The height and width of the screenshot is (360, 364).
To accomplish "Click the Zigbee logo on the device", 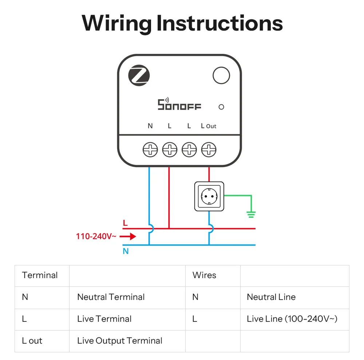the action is pyautogui.click(x=139, y=75).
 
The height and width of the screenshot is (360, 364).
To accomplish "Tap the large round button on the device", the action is pyautogui.click(x=221, y=75).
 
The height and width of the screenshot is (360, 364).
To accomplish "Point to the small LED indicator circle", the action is pyautogui.click(x=221, y=107).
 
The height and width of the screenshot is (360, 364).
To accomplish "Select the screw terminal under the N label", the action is pyautogui.click(x=150, y=150).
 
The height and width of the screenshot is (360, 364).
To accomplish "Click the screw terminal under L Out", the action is pyautogui.click(x=209, y=150).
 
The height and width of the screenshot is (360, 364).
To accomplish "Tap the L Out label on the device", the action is pyautogui.click(x=209, y=126).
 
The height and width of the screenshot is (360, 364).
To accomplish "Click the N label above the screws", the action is pyautogui.click(x=150, y=126).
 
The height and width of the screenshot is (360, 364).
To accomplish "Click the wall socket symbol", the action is pyautogui.click(x=209, y=196).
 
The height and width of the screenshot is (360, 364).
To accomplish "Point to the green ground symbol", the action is pyautogui.click(x=251, y=214).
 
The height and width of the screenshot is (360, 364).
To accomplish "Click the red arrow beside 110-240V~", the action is pyautogui.click(x=128, y=237).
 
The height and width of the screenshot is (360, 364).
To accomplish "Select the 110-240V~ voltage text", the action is pyautogui.click(x=96, y=236).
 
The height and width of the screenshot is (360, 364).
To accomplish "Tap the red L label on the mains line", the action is pyautogui.click(x=125, y=223).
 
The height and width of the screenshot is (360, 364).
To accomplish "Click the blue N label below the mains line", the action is pyautogui.click(x=126, y=251).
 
